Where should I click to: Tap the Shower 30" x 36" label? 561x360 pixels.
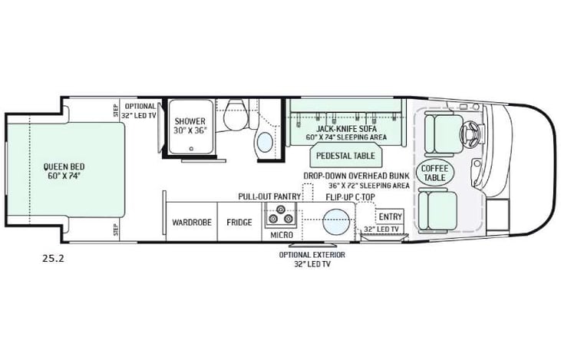(189, 125)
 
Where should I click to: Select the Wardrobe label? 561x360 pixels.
(186, 223)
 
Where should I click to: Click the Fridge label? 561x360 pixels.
(239, 223)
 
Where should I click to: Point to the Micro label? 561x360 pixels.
(281, 234)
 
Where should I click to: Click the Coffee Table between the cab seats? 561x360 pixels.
(434, 172)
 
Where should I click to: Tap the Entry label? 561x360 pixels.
(390, 216)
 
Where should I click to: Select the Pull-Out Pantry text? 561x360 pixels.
(268, 197)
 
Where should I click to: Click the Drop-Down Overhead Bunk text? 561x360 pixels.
(355, 176)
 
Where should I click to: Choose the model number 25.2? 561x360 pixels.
(54, 258)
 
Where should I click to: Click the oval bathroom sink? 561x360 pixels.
(264, 141)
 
